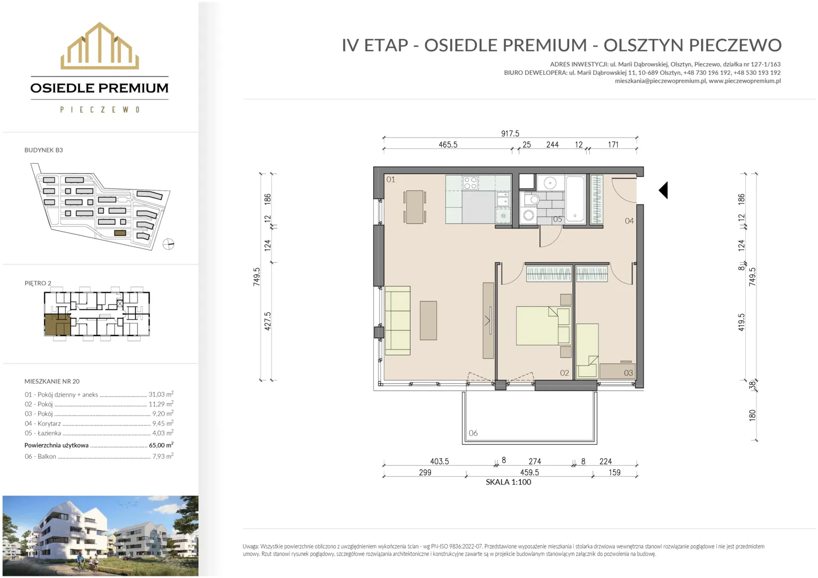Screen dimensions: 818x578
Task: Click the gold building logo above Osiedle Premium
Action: tap(100, 45)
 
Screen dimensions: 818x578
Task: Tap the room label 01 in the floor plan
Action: tap(391, 179)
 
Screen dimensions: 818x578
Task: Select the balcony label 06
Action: tap(473, 433)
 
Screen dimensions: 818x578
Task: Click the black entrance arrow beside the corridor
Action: tap(663, 190)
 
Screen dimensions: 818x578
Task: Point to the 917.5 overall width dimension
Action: tap(510, 134)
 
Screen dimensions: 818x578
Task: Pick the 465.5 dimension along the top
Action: tap(448, 144)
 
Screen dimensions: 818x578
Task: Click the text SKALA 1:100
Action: tap(509, 482)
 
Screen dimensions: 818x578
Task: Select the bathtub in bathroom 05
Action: tap(575, 199)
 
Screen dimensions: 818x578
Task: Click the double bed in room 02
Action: tap(543, 326)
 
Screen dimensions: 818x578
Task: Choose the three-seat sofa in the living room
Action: tap(398, 321)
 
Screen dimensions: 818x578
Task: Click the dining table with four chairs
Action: tap(414, 207)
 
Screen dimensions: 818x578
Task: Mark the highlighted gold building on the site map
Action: tap(120, 233)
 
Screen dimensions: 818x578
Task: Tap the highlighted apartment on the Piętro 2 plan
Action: tap(57, 325)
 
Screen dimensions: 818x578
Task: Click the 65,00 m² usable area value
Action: tap(161, 445)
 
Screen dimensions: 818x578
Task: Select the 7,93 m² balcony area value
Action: tap(163, 456)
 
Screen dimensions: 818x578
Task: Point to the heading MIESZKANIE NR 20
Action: tap(52, 381)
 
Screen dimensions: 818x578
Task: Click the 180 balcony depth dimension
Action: tap(752, 415)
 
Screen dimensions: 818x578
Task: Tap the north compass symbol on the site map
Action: tap(168, 244)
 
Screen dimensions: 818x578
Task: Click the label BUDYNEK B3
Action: tap(43, 150)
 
